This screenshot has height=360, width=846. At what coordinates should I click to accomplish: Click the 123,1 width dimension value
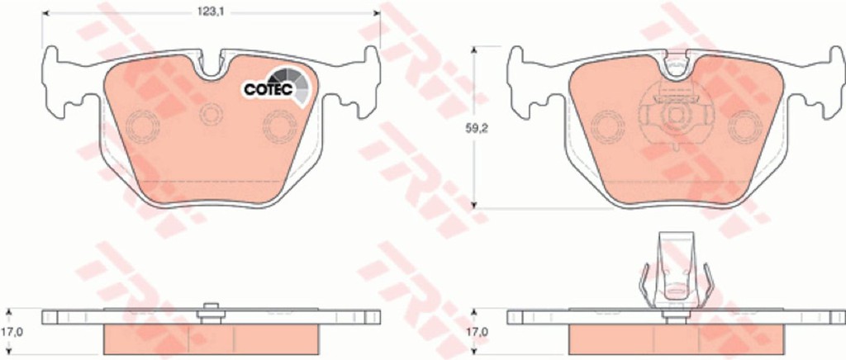211,12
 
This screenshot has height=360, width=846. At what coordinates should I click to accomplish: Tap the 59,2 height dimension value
477,128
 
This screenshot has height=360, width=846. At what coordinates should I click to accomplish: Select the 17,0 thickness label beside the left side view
15,332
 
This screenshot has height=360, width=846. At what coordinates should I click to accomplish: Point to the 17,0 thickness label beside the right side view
478,332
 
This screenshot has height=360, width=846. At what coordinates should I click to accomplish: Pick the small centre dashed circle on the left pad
211,114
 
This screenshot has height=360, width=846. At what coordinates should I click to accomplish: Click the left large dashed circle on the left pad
143,126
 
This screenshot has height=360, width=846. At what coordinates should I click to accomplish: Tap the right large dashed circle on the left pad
279,126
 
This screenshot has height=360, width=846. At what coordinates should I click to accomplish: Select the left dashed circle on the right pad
607,126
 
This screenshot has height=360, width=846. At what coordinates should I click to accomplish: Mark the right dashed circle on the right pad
745,126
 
